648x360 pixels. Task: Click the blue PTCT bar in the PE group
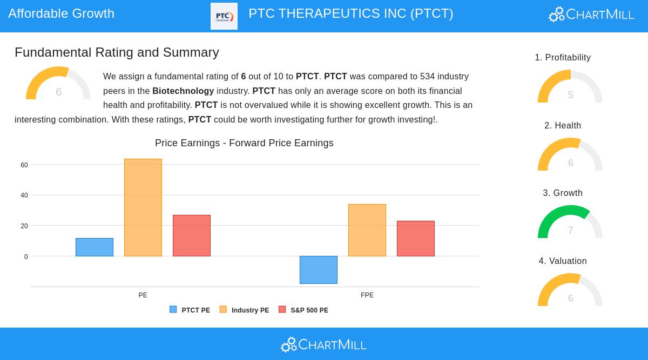point(94,247)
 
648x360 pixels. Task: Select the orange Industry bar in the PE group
point(143,208)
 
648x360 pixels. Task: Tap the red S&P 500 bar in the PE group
point(192,236)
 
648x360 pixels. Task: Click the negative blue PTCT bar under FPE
point(319,270)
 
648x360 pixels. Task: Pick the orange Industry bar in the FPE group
point(367,230)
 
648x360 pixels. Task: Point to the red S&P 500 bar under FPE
point(416,239)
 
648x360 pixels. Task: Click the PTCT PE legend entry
point(190,310)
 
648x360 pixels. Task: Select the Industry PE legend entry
point(244,310)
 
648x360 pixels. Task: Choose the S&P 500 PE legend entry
point(303,310)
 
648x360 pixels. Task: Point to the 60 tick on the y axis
point(24,165)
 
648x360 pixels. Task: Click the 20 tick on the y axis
point(24,226)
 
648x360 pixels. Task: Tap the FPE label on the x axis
point(367,295)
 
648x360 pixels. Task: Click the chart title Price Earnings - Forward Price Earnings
point(244,143)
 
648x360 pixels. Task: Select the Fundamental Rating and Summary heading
point(117,52)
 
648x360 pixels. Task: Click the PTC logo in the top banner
point(224,16)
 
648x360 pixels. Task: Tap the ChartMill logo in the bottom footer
point(324,344)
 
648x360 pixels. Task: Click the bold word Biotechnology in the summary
point(183,91)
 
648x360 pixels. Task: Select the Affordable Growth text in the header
point(61,13)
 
